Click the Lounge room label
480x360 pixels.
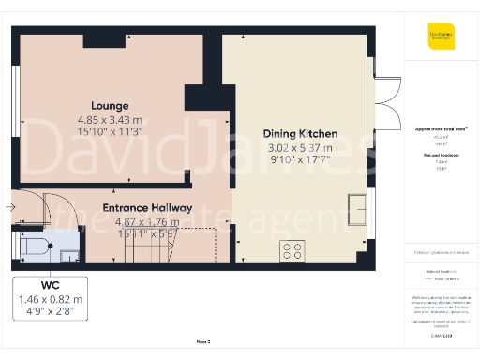click(x=110, y=105)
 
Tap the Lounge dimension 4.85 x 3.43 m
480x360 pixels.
click(x=110, y=119)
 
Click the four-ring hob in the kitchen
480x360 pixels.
click(x=292, y=250)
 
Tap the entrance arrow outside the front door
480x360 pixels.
click(x=9, y=205)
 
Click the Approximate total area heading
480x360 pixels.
click(x=441, y=128)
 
